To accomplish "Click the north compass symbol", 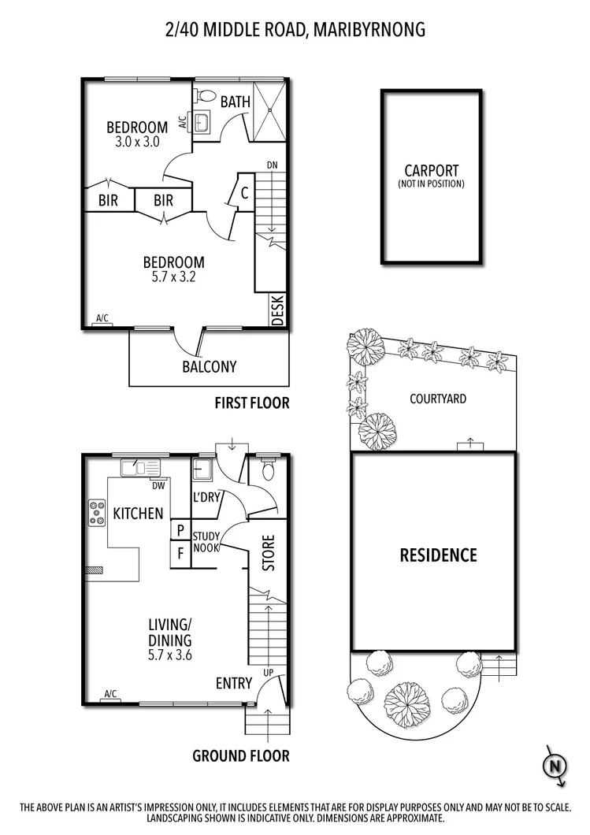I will click(555, 765).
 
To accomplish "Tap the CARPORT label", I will click(431, 170).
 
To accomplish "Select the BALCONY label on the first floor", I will click(209, 366).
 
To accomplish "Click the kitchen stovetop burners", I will click(98, 513).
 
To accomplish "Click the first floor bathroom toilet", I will click(207, 96).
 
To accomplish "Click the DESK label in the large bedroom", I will click(278, 310).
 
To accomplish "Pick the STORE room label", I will click(268, 554).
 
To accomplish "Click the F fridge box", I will click(180, 553).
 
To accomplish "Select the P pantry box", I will click(180, 530).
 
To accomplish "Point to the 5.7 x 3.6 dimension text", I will click(170, 654).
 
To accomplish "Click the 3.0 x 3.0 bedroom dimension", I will click(137, 142).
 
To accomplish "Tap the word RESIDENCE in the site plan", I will click(438, 555).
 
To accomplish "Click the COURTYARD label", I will click(438, 399).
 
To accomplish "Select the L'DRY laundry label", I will click(206, 497).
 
